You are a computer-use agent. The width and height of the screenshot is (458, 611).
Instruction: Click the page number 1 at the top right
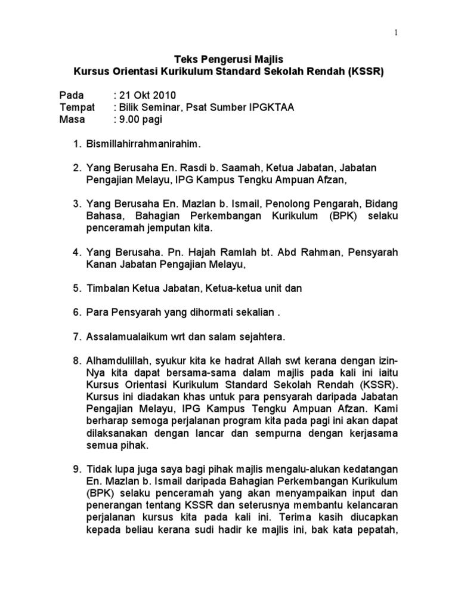point(396,33)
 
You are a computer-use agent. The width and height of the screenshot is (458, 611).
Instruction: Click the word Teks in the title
point(185,60)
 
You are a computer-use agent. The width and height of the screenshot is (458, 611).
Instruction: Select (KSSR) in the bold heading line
point(366,72)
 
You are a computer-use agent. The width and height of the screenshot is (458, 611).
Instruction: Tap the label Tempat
point(78,107)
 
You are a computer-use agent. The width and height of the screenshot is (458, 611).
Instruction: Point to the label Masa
point(73,119)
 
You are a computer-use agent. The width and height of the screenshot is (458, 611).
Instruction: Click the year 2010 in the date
point(164,95)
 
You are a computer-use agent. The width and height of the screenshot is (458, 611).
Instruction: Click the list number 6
point(76,313)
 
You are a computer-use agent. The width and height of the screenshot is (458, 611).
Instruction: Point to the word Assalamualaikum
point(126,337)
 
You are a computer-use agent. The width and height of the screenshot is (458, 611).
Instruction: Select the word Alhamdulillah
point(117,361)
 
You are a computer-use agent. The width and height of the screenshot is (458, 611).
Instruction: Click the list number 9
point(76,469)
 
